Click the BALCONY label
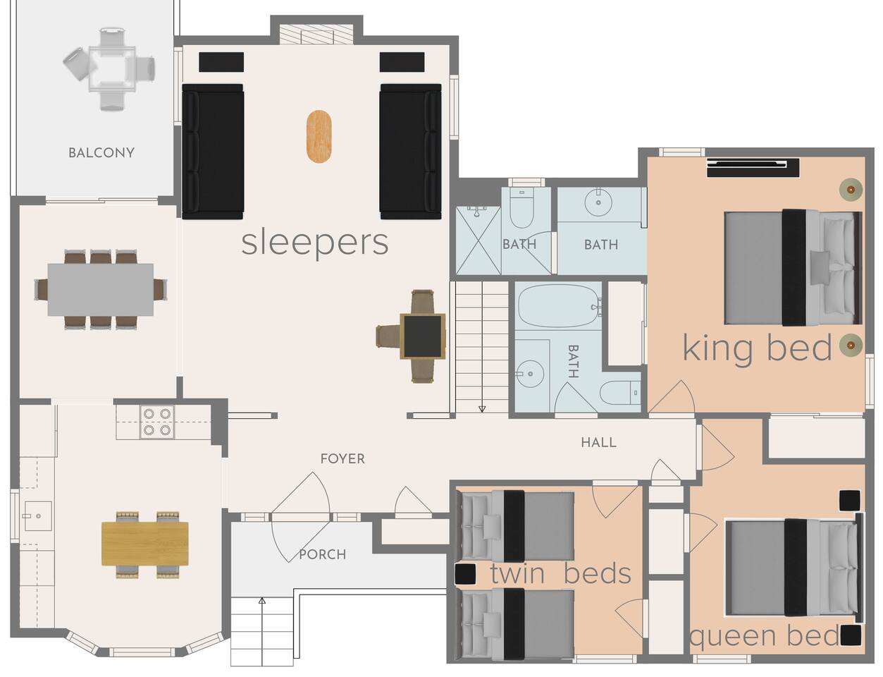pyautogui.click(x=101, y=153)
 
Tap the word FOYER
pyautogui.click(x=342, y=459)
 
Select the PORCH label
pyautogui.click(x=323, y=554)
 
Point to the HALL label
pyautogui.click(x=598, y=442)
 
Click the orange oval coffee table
pyautogui.click(x=319, y=137)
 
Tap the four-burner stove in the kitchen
pyautogui.click(x=157, y=422)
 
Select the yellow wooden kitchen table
pyautogui.click(x=145, y=544)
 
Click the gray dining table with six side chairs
pyautogui.click(x=101, y=290)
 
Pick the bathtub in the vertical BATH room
pyautogui.click(x=559, y=306)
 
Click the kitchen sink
pyautogui.click(x=38, y=516)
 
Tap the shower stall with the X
pyautogui.click(x=478, y=240)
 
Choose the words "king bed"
pyautogui.click(x=758, y=348)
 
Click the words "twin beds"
pyautogui.click(x=561, y=573)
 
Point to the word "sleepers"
pyautogui.click(x=315, y=243)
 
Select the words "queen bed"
pyautogui.click(x=764, y=636)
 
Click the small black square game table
pyautogui.click(x=423, y=336)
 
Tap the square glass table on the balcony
pyautogui.click(x=112, y=69)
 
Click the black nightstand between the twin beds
pyautogui.click(x=465, y=574)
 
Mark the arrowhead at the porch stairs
pyautogui.click(x=262, y=600)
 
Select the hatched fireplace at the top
pyautogui.click(x=316, y=35)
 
